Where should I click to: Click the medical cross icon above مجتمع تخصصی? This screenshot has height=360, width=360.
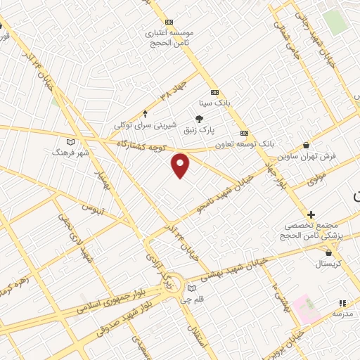tap(311, 214)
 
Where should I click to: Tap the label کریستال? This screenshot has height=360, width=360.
tap(327, 263)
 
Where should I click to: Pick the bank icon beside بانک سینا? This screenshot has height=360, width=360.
tap(214, 91)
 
